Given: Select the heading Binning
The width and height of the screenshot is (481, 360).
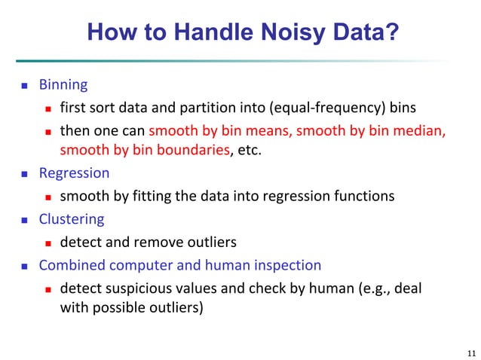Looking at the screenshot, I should pyautogui.click(x=63, y=84).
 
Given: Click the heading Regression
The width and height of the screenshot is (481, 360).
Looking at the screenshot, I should pyautogui.click(x=74, y=173).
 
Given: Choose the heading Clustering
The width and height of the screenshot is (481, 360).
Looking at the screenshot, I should pyautogui.click(x=72, y=219).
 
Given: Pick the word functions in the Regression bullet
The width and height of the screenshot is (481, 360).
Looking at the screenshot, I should pyautogui.click(x=361, y=196).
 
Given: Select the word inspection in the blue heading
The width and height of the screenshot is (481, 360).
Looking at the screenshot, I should pyautogui.click(x=290, y=265).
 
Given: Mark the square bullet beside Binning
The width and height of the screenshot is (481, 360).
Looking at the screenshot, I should pyautogui.click(x=23, y=85).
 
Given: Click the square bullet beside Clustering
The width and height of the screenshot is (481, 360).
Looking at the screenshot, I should pyautogui.click(x=23, y=220).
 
